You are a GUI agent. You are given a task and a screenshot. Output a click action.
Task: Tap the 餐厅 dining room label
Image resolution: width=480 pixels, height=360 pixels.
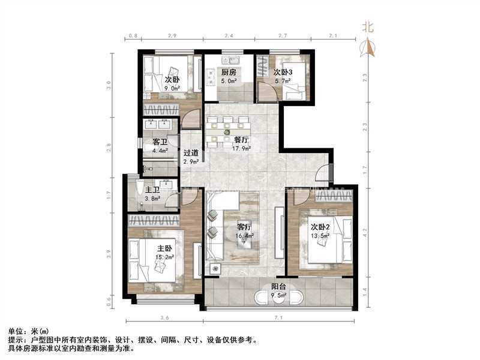click(x=241, y=140)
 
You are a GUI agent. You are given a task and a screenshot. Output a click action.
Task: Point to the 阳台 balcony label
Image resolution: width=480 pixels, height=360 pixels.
click(x=277, y=287)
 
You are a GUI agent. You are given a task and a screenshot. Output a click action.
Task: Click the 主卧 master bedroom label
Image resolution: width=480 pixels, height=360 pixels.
click(x=164, y=248)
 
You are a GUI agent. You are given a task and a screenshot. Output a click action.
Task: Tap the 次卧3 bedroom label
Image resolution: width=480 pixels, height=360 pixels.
click(x=283, y=72)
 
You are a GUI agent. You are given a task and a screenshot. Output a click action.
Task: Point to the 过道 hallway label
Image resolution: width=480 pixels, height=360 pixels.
click(x=191, y=153)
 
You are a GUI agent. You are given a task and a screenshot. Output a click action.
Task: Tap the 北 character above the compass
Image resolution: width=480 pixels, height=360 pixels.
click(x=368, y=26)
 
